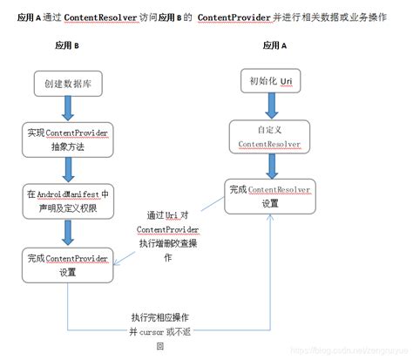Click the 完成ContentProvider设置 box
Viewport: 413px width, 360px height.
(67, 264)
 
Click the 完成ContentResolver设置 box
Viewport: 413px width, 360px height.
(270, 196)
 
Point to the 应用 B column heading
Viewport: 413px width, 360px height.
(67, 44)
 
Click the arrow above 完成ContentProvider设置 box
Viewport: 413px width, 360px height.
(66, 233)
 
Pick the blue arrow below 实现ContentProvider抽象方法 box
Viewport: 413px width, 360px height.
(65, 171)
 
